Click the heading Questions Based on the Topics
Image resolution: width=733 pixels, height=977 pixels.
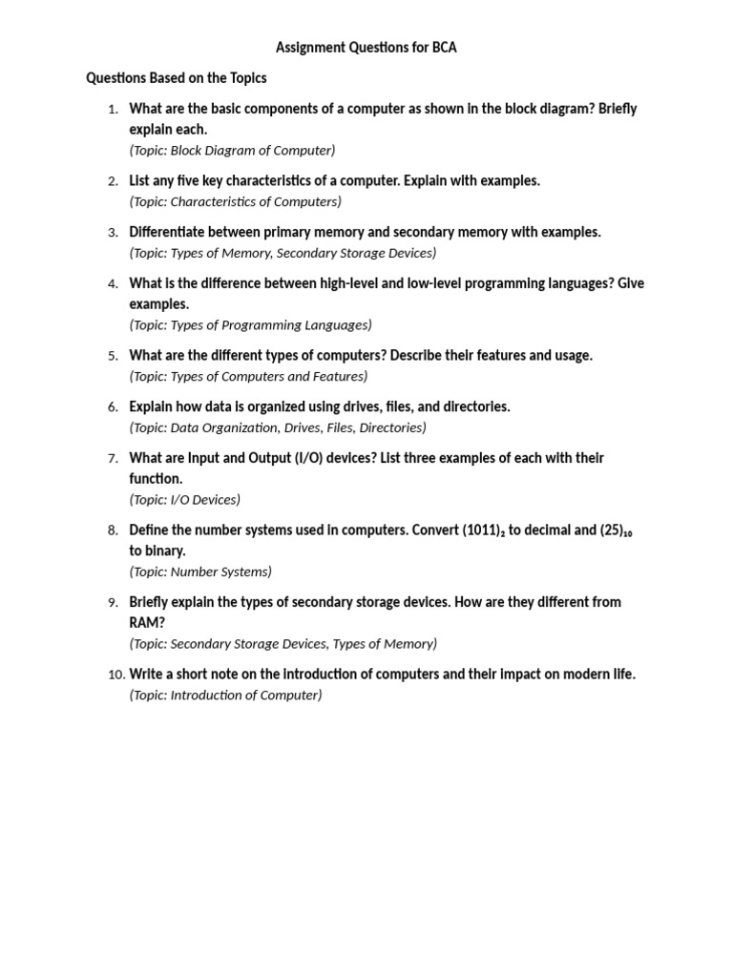click(177, 77)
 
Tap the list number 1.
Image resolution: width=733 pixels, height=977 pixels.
click(113, 109)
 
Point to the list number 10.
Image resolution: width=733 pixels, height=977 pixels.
click(115, 675)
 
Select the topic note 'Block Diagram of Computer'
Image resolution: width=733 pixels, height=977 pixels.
click(232, 150)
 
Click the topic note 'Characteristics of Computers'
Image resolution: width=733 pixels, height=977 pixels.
click(235, 201)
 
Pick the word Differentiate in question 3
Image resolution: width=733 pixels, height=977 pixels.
click(172, 232)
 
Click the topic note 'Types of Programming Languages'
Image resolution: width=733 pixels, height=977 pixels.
click(250, 324)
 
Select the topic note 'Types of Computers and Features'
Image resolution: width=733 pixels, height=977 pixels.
click(248, 376)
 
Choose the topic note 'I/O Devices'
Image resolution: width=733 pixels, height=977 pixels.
click(184, 499)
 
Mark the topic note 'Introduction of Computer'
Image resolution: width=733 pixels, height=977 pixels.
click(225, 695)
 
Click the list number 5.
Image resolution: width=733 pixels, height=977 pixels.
click(113, 356)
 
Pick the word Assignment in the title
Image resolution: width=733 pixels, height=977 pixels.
click(313, 47)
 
